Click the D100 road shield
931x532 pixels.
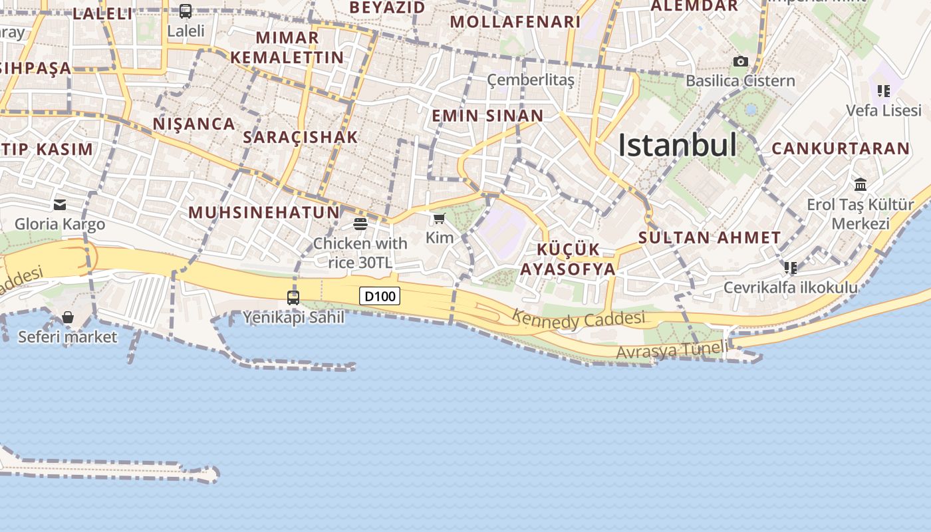coord(380,296)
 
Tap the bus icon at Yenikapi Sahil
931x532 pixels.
coord(293,297)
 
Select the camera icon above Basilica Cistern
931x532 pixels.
coord(740,62)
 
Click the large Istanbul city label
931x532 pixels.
coord(677,145)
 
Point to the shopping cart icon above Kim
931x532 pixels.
coord(439,219)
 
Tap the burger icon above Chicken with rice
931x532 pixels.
coord(360,224)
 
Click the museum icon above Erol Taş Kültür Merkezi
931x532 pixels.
coord(861,184)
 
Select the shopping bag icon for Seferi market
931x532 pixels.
coord(68,317)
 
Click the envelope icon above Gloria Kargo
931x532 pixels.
coord(60,205)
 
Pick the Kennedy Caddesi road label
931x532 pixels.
coord(579,320)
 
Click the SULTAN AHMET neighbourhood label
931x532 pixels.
coord(710,237)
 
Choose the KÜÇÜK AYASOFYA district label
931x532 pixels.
coord(568,259)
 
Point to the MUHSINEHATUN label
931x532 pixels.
coord(264,212)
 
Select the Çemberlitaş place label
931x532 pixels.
coord(530,80)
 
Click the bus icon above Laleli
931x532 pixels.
coord(186,11)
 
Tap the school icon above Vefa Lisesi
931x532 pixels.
coord(883,91)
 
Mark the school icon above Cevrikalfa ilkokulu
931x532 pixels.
coord(790,268)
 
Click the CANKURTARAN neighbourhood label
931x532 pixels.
coord(841,148)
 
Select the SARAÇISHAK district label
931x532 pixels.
coord(301,137)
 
